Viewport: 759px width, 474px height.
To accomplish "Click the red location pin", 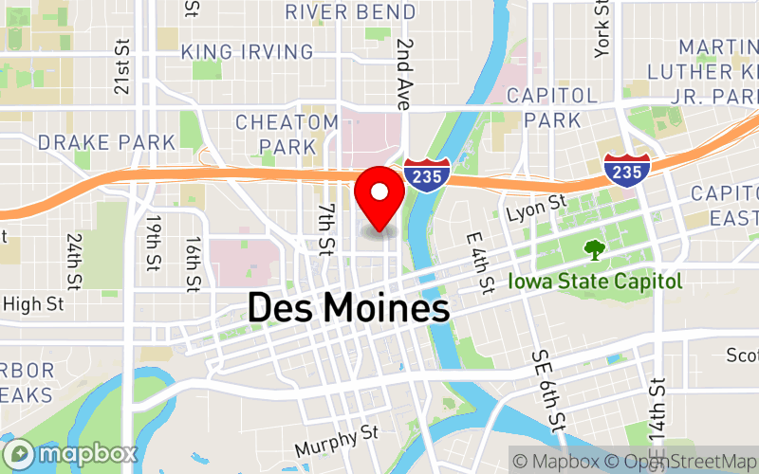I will (x=379, y=194).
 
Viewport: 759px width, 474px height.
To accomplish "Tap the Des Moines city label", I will (x=348, y=308).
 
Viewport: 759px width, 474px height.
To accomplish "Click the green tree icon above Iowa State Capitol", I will (x=595, y=249).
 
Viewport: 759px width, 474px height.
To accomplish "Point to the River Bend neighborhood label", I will (x=350, y=12).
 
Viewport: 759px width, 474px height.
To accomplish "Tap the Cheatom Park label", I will (x=287, y=134).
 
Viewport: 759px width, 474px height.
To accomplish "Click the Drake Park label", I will (x=106, y=142).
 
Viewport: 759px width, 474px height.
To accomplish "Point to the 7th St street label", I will (x=326, y=228).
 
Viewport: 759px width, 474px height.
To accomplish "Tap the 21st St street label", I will (x=121, y=67).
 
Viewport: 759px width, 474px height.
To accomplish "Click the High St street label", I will (x=32, y=304).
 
